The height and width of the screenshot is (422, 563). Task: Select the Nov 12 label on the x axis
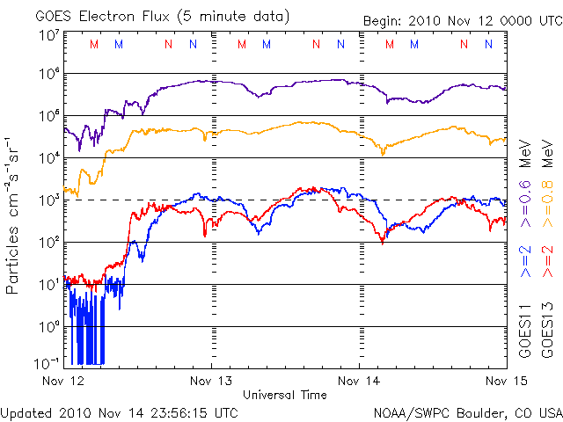click(x=65, y=382)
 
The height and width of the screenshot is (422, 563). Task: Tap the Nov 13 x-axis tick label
click(x=212, y=382)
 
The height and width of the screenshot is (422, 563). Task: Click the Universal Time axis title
click(x=285, y=395)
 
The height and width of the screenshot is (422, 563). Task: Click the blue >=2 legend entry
click(x=526, y=261)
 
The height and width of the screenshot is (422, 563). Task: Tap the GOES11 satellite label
click(x=526, y=331)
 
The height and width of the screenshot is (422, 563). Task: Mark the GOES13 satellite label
click(x=547, y=331)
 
